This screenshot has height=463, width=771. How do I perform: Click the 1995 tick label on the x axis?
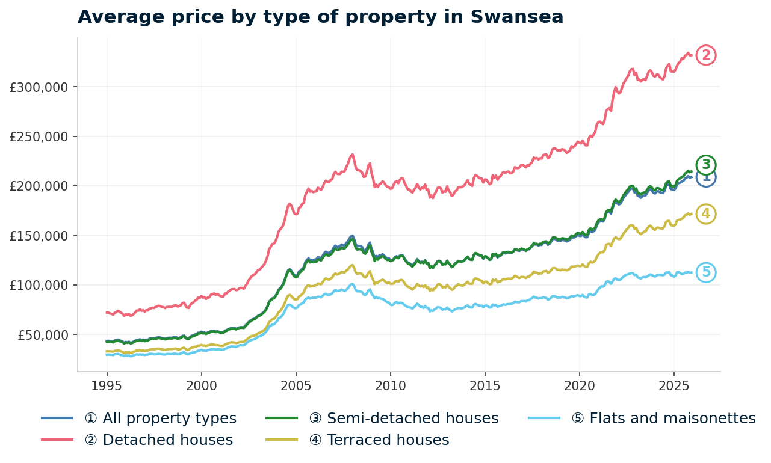pyautogui.click(x=107, y=384)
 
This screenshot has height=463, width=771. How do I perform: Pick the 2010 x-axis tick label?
pyautogui.click(x=391, y=384)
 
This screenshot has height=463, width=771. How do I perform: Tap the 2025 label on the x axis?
pyautogui.click(x=673, y=384)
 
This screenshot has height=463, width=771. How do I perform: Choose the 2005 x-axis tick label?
pyautogui.click(x=296, y=384)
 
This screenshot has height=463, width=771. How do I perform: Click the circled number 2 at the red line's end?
pyautogui.click(x=706, y=55)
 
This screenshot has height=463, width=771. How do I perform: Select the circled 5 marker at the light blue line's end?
pyautogui.click(x=706, y=272)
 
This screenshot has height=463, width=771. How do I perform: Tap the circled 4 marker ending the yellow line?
pyautogui.click(x=705, y=214)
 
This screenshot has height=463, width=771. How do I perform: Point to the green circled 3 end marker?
pyautogui.click(x=706, y=164)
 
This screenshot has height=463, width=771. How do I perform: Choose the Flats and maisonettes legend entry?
pyautogui.click(x=663, y=419)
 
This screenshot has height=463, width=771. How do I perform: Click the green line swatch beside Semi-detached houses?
pyautogui.click(x=282, y=418)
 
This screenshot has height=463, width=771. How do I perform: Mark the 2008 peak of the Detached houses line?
pyautogui.click(x=352, y=155)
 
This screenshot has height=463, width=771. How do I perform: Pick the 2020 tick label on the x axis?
pyautogui.click(x=579, y=384)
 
